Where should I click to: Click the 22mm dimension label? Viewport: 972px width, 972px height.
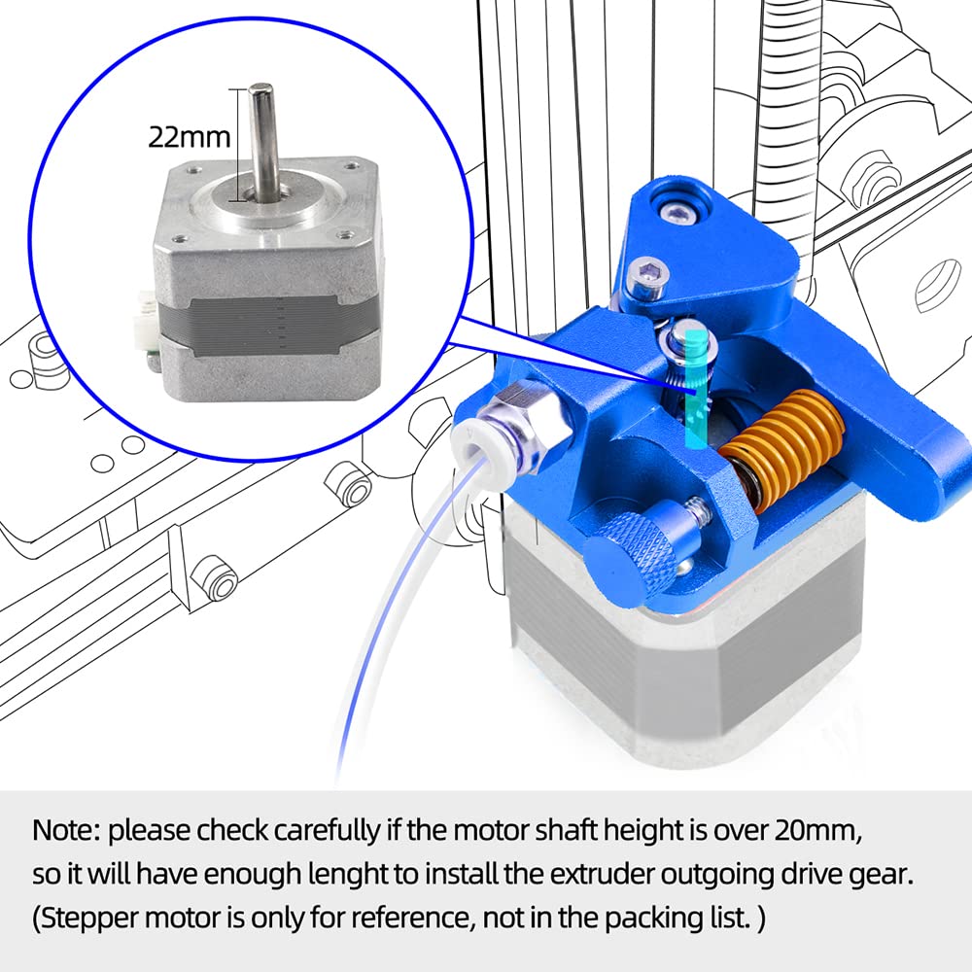[188, 135]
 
